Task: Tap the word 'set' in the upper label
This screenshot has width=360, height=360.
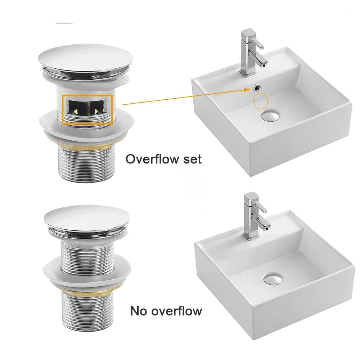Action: (x=192, y=159)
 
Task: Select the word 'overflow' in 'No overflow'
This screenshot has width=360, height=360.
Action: (x=176, y=311)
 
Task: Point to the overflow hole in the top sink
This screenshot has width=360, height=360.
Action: (x=257, y=87)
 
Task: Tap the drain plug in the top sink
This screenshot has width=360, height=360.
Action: (x=270, y=115)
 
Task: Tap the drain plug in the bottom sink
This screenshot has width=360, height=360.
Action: (x=273, y=279)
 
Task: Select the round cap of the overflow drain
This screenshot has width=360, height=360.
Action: (x=86, y=59)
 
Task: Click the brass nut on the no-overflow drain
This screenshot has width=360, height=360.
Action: (x=87, y=292)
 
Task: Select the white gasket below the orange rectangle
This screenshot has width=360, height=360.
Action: (x=86, y=126)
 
